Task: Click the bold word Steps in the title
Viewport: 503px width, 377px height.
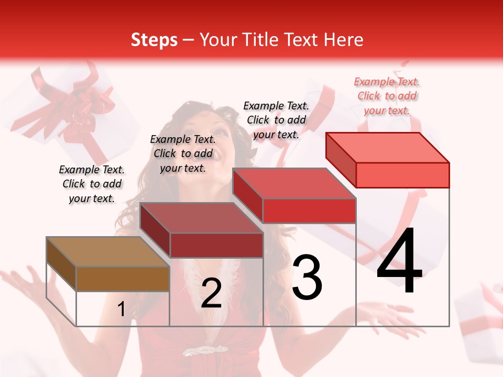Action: click(154, 40)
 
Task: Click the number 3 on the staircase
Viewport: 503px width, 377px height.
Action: click(307, 277)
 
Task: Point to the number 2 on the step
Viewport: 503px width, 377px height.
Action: click(211, 293)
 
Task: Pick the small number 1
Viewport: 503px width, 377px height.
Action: click(121, 309)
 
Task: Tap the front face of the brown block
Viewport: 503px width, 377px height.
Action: click(123, 279)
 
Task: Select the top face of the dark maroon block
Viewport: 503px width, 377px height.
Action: click(201, 218)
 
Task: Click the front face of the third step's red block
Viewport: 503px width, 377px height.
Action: click(309, 210)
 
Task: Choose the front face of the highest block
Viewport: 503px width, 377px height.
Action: click(402, 175)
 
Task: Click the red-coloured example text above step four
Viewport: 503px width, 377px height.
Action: click(387, 96)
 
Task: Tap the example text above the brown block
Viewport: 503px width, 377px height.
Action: click(92, 184)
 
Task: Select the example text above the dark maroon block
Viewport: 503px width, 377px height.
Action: click(183, 153)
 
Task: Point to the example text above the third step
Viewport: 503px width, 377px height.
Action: click(276, 120)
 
